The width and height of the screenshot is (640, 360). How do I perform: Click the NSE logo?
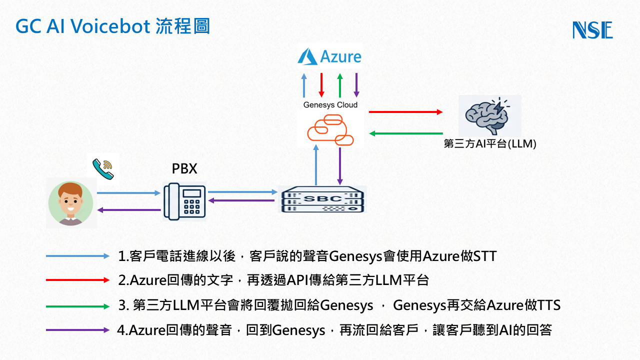click(x=592, y=30)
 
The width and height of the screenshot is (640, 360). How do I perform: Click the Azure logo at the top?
click(x=329, y=56)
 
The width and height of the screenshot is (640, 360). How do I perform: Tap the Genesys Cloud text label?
click(x=330, y=105)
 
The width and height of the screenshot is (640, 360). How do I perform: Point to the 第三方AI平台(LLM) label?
click(x=490, y=144)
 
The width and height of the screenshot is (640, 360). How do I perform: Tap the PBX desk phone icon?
click(x=184, y=201)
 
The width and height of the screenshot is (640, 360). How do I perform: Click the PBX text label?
click(x=184, y=169)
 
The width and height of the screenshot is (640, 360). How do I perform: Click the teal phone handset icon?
click(x=103, y=168)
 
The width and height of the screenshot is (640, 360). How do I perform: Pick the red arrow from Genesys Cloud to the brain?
click(x=405, y=112)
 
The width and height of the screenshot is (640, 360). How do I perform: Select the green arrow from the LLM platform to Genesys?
click(x=405, y=133)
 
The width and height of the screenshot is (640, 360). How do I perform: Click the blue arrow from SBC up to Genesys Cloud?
click(x=316, y=165)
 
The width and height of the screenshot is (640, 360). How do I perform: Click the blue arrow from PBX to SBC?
click(x=242, y=191)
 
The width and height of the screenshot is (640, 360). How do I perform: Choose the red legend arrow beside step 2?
click(x=77, y=280)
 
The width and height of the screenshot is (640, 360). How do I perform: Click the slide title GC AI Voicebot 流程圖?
click(x=112, y=26)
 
